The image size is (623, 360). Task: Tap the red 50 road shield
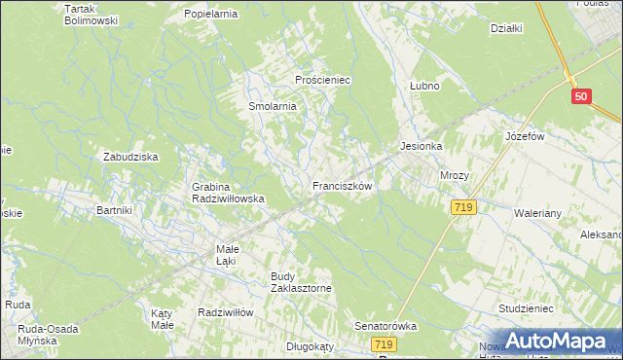tap(581, 95)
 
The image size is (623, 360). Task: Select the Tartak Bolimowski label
tap(91, 15)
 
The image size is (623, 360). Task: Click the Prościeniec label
tap(322, 80)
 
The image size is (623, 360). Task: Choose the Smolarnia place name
tap(272, 106)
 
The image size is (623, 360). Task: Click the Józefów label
tap(524, 137)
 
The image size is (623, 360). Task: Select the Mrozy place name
tap(455, 176)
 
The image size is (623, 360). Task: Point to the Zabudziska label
tap(130, 156)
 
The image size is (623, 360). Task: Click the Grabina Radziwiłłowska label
tap(229, 192)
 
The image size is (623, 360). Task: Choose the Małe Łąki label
tap(227, 254)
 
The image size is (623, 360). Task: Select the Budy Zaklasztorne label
tap(302, 282)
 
